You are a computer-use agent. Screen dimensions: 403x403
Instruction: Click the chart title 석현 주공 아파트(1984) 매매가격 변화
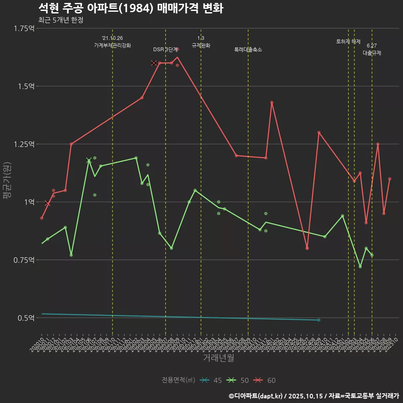(131, 8)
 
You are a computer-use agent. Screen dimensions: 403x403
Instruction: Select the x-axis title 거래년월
(218, 358)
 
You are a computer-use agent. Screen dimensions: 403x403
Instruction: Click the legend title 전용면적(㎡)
(178, 380)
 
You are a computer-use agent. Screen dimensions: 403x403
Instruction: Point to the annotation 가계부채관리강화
(113, 45)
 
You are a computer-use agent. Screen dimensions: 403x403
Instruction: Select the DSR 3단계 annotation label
(166, 50)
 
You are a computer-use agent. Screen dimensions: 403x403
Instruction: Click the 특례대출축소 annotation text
(248, 50)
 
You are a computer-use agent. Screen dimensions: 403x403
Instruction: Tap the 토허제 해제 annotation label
(348, 42)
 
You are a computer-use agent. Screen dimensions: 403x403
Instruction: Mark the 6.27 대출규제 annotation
(372, 50)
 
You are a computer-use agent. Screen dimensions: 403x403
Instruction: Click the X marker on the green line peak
(89, 160)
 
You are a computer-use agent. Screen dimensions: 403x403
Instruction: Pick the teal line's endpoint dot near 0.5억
(319, 320)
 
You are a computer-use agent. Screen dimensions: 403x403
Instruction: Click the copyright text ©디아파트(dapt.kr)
(257, 396)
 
